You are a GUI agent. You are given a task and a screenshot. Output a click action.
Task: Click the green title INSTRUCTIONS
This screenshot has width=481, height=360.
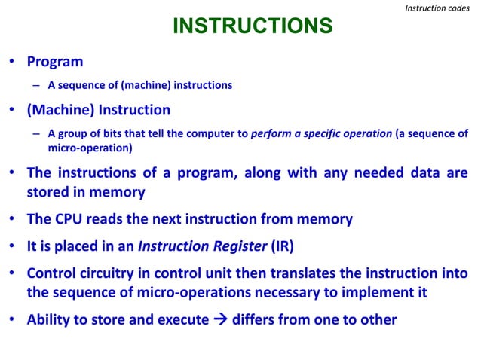253,27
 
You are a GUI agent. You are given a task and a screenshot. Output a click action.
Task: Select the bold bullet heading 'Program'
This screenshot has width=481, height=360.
55,62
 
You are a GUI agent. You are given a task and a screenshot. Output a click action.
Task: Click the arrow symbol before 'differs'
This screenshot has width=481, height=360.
219,319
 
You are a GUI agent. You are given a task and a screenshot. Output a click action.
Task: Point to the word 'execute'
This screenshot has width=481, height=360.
181,319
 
